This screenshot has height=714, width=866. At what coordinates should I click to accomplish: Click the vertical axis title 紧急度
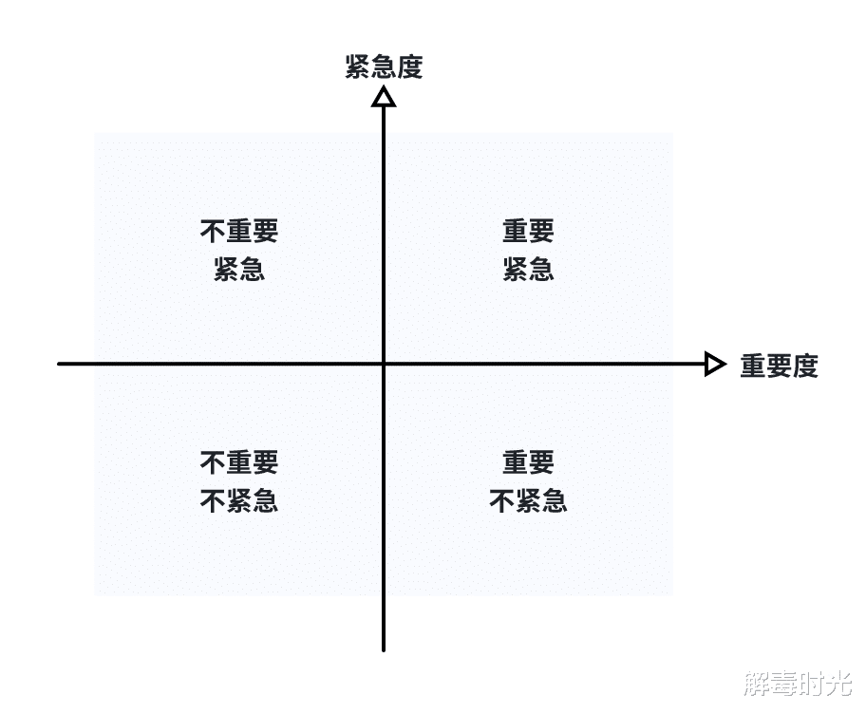click(384, 67)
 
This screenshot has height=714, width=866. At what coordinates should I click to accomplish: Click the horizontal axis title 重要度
click(779, 366)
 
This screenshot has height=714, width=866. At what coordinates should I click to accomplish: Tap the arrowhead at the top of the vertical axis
click(384, 96)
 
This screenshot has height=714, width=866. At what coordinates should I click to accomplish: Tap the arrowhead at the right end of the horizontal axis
click(715, 364)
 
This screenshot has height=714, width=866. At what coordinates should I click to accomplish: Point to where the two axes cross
click(384, 364)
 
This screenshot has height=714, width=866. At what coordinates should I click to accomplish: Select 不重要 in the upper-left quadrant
click(239, 232)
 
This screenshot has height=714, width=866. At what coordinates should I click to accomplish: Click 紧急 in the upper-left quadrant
click(239, 270)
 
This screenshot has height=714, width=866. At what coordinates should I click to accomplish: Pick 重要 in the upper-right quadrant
click(528, 232)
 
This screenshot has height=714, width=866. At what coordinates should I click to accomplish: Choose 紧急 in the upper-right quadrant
click(528, 270)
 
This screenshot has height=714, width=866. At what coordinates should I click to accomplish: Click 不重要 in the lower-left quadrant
click(239, 463)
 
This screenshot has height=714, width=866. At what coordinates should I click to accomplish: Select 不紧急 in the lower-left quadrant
click(239, 501)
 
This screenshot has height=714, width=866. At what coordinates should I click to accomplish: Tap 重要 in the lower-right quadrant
click(528, 463)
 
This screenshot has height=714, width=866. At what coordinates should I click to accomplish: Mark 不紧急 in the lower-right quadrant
click(528, 501)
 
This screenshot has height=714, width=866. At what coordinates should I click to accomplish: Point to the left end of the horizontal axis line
click(60, 364)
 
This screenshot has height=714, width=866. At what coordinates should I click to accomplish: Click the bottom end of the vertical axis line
click(384, 649)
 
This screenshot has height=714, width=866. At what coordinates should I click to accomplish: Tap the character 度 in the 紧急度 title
click(409, 67)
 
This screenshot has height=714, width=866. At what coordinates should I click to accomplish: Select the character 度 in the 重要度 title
click(805, 366)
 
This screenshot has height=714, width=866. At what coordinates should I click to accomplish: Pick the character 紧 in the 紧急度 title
click(358, 67)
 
